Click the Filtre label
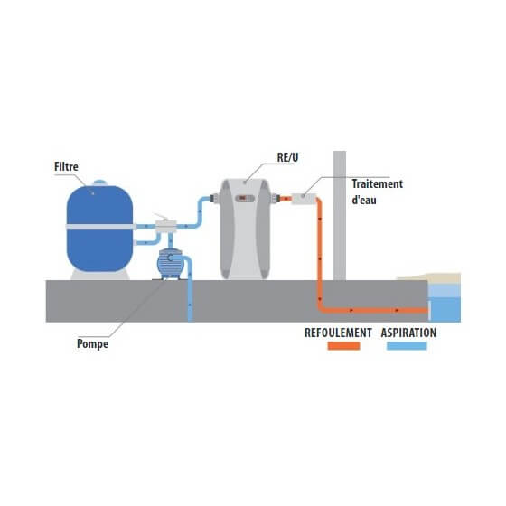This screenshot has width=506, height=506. point(66,167)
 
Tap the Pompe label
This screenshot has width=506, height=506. point(92,344)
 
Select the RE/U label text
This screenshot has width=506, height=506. point(287,157)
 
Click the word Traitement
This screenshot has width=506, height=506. point(378,184)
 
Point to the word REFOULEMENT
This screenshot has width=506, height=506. point(338,333)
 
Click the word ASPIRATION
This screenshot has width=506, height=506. point(408,333)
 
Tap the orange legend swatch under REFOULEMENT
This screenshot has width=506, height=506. point(343,345)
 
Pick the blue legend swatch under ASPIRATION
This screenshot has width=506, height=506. point(407,345)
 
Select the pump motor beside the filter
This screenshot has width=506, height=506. point(170,263)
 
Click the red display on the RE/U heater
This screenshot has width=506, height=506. point(244,198)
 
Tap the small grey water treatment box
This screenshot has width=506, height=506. point(304,199)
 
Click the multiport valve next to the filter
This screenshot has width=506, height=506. point(166,226)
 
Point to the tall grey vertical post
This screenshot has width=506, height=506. point(340,216)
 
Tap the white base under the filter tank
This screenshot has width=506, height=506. point(100,275)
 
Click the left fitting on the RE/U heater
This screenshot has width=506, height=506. point(214,198)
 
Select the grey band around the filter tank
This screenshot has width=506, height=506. point(100,227)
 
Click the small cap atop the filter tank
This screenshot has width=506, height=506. point(99,183)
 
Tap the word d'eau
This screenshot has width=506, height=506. point(364,200)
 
